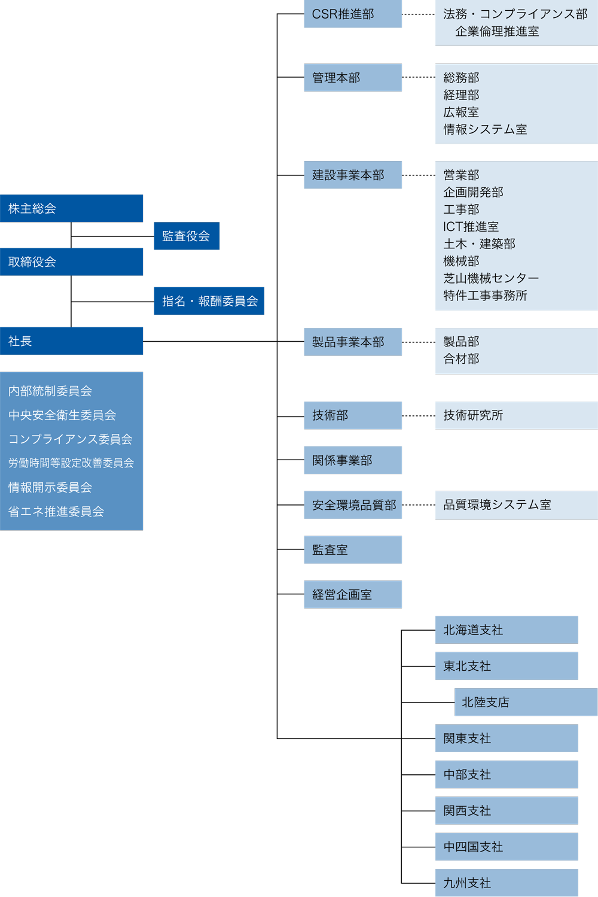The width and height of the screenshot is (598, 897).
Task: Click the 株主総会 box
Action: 71,208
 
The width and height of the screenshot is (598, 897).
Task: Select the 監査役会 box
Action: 187,236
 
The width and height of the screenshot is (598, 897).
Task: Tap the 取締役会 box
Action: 71,262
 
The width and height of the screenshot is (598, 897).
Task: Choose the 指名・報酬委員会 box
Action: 209,301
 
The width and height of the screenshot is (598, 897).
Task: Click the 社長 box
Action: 71,340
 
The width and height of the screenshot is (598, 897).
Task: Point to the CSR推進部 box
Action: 353,14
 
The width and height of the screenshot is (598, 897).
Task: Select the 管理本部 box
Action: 353,77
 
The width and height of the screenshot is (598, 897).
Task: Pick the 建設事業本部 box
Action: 353,175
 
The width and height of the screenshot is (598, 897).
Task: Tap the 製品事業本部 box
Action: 353,342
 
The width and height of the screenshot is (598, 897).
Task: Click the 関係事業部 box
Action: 353,460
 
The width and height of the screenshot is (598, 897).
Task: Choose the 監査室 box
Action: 353,550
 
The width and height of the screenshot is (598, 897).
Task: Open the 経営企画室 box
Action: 353,594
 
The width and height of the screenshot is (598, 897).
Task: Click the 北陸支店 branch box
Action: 526,702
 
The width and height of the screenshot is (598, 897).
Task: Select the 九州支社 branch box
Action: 507,883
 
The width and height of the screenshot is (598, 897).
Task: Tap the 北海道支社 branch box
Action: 507,630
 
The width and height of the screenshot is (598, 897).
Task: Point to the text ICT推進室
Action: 471,227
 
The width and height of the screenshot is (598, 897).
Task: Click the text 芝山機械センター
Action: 491,278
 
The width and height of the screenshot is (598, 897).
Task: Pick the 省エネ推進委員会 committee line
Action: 56,512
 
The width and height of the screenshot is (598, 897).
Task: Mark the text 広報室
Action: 461,112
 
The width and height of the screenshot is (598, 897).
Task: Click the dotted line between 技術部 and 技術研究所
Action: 419,416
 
